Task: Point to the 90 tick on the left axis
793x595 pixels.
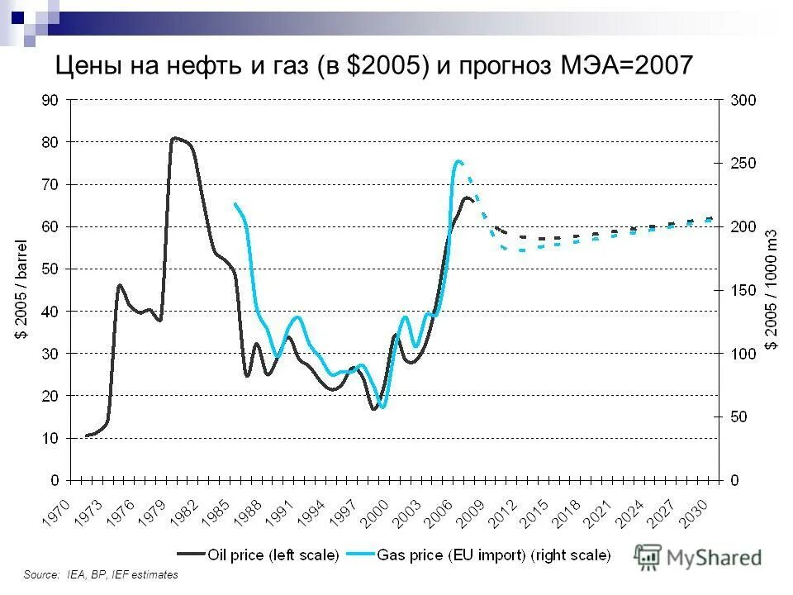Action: [x=50, y=100]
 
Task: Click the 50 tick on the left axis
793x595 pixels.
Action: [x=50, y=269]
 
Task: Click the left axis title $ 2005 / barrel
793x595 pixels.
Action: [x=22, y=289]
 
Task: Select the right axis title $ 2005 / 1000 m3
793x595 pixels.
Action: [x=772, y=289]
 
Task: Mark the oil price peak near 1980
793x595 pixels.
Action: [x=174, y=138]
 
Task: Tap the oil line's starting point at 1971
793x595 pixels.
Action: [x=86, y=436]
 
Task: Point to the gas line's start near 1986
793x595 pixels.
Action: [x=235, y=204]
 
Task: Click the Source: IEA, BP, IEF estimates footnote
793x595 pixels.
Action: [x=101, y=574]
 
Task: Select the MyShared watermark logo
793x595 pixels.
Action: [x=699, y=557]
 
